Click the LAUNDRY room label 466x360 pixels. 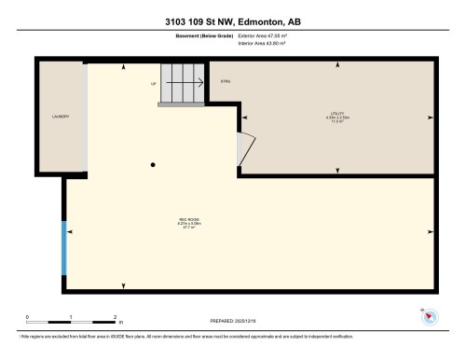click(61, 117)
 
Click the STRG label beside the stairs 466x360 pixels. click(225, 82)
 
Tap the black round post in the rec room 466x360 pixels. click(153, 165)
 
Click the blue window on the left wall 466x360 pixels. click(64, 248)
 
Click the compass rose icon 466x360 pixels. click(430, 316)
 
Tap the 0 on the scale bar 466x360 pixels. click(28, 317)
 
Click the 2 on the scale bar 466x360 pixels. click(114, 317)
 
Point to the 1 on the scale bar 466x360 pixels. click(71, 317)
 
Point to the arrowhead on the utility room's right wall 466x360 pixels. click(430, 118)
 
